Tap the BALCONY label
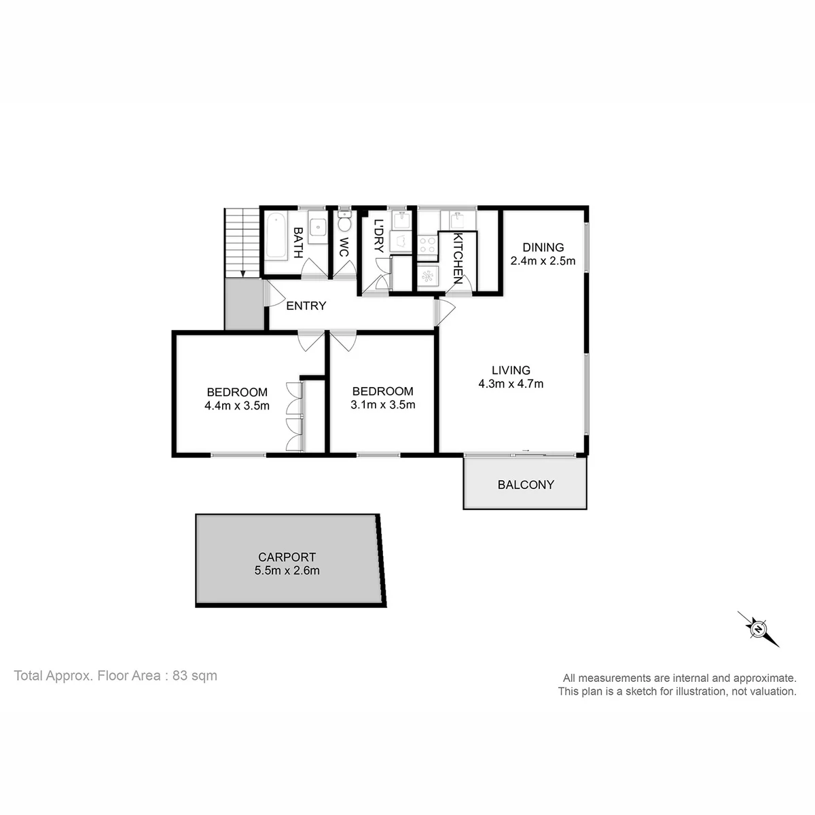tap(525, 485)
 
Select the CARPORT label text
tap(287, 557)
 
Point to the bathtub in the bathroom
tap(277, 236)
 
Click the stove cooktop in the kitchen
tap(427, 246)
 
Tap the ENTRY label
tap(306, 306)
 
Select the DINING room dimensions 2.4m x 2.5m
tap(543, 261)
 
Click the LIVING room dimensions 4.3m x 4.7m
tap(511, 384)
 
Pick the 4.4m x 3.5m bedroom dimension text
tap(237, 406)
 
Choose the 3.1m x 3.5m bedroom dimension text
tap(383, 405)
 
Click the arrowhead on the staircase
tap(242, 274)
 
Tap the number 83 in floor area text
tap(180, 675)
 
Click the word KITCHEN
tap(458, 258)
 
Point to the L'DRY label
tap(378, 236)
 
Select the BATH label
tap(298, 242)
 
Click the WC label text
tap(344, 247)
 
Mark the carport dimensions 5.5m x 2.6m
tap(287, 570)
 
